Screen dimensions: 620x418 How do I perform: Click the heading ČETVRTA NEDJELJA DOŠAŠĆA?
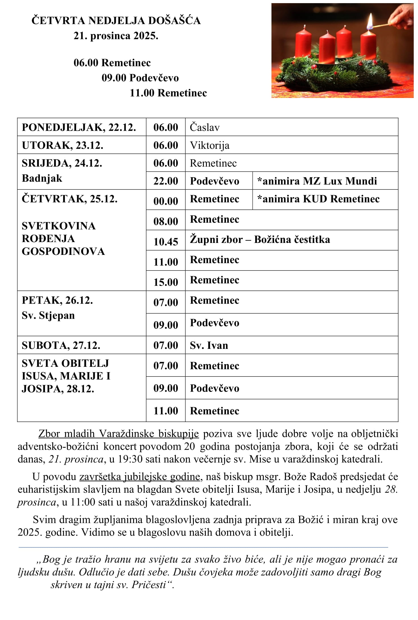[116, 21]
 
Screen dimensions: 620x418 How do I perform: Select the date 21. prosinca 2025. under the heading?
[116, 36]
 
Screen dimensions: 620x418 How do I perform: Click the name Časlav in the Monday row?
[205, 127]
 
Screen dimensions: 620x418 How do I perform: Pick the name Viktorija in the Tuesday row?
[209, 146]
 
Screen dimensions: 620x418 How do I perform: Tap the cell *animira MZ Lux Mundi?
[317, 181]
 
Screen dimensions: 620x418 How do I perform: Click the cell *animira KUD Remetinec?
[318, 199]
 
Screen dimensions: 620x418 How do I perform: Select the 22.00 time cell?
[166, 181]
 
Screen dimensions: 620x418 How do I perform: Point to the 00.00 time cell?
[166, 201]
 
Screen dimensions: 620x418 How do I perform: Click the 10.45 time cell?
[166, 242]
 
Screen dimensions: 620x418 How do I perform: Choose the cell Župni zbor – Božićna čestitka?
[260, 240]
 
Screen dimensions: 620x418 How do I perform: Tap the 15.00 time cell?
[166, 282]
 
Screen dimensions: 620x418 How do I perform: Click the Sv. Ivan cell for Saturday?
[209, 345]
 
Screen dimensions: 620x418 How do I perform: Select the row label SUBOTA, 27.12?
[61, 345]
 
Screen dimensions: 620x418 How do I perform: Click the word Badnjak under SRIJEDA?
[42, 179]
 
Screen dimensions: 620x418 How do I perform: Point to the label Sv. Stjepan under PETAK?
[48, 316]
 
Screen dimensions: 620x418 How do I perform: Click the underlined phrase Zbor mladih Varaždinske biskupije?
[118, 434]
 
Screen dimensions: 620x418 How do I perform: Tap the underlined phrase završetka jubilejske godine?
[139, 477]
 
